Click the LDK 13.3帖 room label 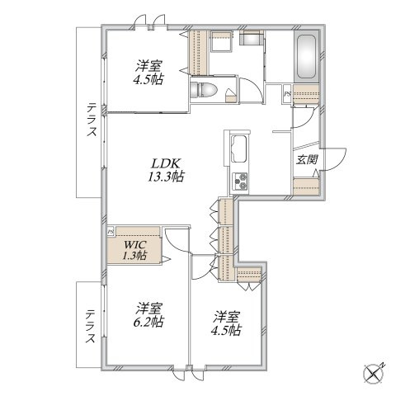166,170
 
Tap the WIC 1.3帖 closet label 134,250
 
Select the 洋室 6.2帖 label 148,315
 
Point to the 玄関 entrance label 307,159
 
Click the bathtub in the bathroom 307,57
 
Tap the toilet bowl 204,90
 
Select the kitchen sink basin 239,149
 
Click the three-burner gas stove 240,181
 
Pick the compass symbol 374,374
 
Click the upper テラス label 92,120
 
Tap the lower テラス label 91,327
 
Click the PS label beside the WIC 111,232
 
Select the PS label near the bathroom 287,94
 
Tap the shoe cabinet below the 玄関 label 306,186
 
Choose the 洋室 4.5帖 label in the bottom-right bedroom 226,323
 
